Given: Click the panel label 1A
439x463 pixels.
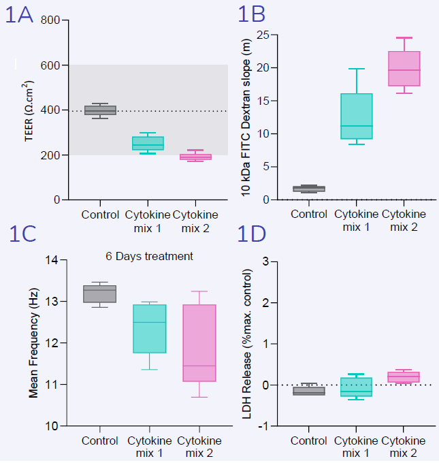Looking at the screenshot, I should coord(19,15).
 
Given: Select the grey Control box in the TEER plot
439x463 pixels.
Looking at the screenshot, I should coord(100,110).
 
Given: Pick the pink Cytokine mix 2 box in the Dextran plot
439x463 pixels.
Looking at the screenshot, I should coord(404,69).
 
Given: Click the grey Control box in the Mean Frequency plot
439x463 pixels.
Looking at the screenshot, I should coord(100,293).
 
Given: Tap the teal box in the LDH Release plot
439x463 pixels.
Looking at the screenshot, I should coord(356,387).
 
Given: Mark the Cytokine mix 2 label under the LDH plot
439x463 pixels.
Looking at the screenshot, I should coord(404,446).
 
